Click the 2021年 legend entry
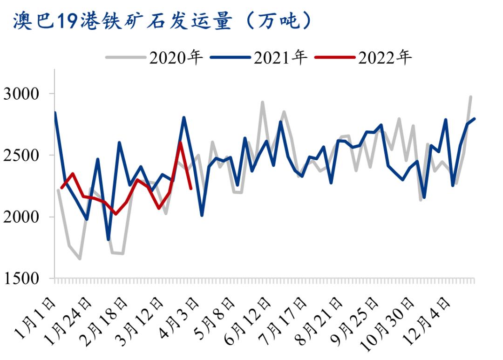click(x=259, y=58)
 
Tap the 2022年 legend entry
click(x=364, y=58)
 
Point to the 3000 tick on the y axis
click(x=23, y=94)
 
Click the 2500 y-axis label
click(x=23, y=156)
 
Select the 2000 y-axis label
click(x=23, y=217)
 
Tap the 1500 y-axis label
click(x=23, y=278)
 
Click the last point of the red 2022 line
click(x=191, y=188)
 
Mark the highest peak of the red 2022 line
click(x=180, y=143)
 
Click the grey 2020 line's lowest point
click(x=80, y=258)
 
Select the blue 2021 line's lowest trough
click(x=109, y=239)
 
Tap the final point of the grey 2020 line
click(x=471, y=97)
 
